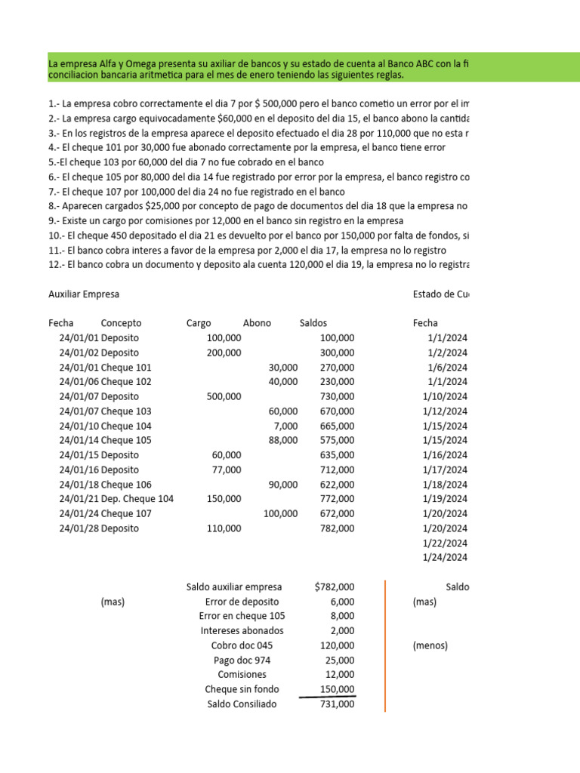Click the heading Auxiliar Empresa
pos(84,294)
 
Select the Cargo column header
pos(199,323)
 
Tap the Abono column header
pos(257,323)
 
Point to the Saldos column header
pos(313,323)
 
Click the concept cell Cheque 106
pos(126,485)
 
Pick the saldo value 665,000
pos(335,426)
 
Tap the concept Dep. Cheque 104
pos(137,500)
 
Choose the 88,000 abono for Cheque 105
pos(283,441)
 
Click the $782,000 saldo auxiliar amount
pos(335,587)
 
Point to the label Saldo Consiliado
pos(242,704)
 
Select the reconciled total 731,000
pos(335,704)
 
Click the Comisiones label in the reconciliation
pos(242,675)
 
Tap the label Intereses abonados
pos(242,631)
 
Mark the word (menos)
pos(430,646)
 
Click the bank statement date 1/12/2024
pos(446,411)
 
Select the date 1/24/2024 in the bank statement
pos(446,558)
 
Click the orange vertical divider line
pos(385,645)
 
